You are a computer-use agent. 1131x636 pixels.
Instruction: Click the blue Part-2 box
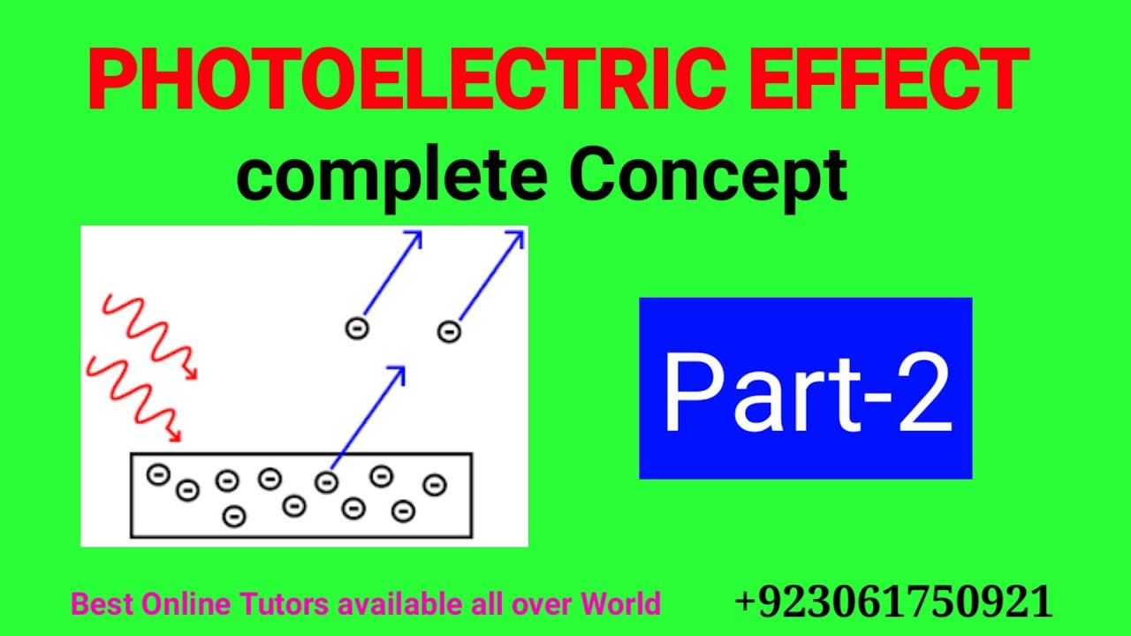tap(805, 389)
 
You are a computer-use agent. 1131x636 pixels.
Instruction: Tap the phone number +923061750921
tap(893, 602)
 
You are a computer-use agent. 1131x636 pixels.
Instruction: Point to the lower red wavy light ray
tap(133, 397)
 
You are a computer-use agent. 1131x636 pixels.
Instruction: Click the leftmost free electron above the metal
tap(356, 329)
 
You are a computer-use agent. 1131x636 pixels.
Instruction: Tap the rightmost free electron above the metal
tap(449, 331)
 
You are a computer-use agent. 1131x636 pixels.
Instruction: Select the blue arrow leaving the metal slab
tap(367, 420)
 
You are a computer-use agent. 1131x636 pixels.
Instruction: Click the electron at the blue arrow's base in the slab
tap(326, 481)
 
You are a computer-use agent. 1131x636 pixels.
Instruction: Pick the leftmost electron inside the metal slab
tap(158, 475)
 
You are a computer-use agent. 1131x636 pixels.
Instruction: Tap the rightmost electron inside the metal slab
tap(434, 484)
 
